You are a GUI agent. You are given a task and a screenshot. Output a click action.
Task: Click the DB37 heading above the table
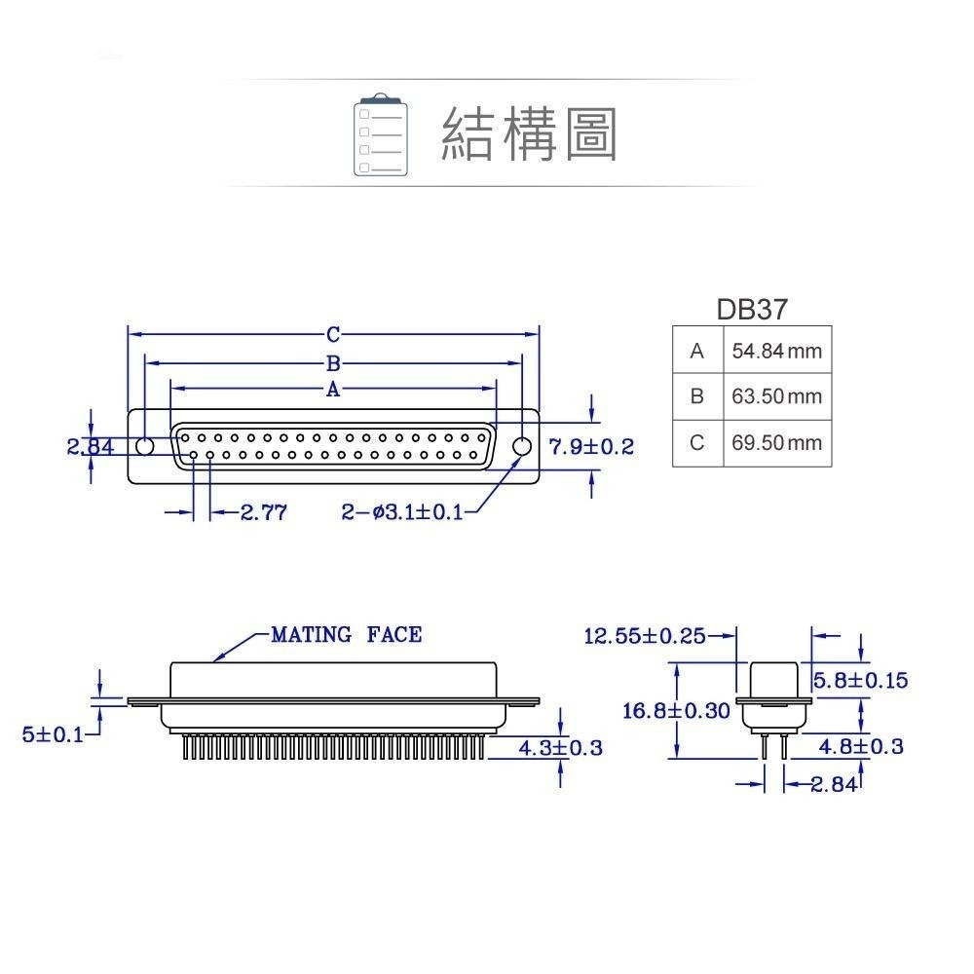coord(751,310)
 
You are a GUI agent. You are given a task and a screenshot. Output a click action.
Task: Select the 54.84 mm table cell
coord(776,351)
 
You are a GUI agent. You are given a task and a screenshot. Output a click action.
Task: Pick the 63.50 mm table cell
coord(776,396)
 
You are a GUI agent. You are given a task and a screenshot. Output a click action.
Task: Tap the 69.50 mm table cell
coord(776,443)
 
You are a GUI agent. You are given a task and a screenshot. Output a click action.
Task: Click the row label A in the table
coord(696,351)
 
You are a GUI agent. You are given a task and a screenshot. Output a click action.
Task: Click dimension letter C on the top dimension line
coord(333,335)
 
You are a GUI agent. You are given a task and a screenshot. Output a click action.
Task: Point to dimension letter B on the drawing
coord(333,364)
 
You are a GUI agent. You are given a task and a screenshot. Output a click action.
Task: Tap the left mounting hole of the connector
coord(144,447)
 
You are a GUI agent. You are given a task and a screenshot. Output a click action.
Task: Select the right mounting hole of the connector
coord(522,446)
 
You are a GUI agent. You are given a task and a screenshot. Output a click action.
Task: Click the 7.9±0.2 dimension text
coord(591,447)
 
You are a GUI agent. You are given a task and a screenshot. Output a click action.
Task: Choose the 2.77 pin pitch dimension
coord(263,512)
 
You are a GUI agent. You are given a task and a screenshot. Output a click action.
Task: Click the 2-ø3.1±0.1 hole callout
coord(402,512)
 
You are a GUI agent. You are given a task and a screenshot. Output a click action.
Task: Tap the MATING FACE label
coord(346,635)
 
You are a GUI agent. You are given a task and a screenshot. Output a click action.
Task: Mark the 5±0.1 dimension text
coord(53,734)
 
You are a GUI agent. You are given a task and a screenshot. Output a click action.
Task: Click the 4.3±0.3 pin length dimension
coord(559,748)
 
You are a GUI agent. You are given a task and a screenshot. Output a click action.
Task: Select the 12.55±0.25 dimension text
coord(644,636)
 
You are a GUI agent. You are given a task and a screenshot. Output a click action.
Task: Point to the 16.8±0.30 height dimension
coord(676,711)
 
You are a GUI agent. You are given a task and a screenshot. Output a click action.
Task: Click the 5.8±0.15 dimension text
coord(860,680)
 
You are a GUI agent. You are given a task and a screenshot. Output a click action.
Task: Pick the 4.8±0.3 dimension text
coord(860,747)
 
